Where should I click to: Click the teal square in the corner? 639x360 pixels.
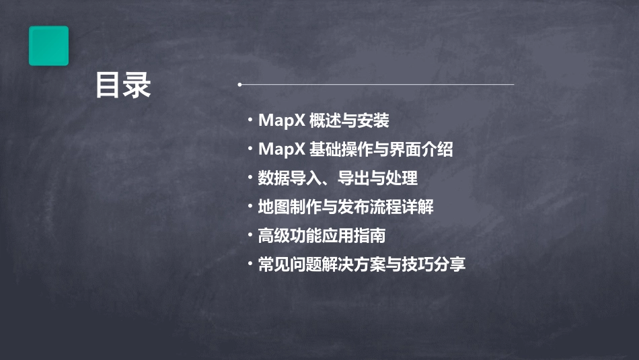48,46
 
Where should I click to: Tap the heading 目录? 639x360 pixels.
122,85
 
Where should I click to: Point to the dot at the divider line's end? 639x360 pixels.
239,85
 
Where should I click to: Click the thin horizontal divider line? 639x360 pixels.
377,85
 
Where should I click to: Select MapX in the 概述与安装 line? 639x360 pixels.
281,121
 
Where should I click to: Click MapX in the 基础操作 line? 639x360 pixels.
281,149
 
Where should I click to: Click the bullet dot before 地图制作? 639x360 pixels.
250,207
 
